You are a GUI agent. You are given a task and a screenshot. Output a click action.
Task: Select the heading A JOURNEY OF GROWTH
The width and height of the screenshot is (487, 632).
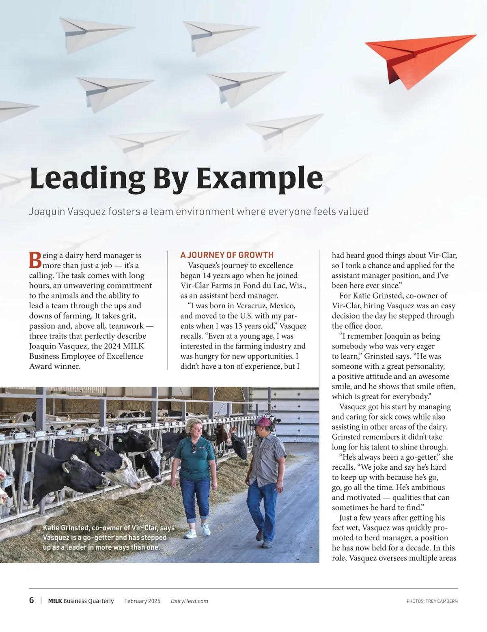227,255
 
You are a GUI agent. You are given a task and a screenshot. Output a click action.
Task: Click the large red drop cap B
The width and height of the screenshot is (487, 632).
35,260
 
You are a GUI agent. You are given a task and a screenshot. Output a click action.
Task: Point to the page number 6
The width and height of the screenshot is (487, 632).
32,600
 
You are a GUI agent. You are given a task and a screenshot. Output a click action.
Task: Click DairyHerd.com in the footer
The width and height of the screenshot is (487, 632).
190,601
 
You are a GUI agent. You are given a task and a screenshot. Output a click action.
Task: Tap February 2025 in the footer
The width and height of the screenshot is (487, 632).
142,601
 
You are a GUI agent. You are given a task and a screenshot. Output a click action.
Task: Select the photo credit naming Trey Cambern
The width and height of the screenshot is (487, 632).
432,601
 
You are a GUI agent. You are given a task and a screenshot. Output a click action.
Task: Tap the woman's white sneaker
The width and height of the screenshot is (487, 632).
206,529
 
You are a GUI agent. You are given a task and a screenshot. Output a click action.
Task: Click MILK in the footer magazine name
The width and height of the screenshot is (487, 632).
55,601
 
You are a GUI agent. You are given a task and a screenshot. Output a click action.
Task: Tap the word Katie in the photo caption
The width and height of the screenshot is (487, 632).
52,528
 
